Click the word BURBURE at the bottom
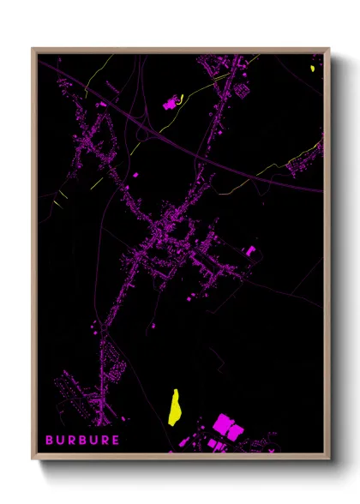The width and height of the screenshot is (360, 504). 85,441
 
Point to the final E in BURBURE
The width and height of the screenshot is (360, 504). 118,441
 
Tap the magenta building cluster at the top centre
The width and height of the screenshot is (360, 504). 170,104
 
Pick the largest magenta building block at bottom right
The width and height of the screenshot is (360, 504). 225,423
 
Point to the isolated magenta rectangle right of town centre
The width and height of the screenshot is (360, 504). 251,251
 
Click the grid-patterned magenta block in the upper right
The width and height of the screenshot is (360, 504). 241,89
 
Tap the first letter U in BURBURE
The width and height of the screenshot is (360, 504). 62,441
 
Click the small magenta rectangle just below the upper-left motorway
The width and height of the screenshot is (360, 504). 102,104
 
